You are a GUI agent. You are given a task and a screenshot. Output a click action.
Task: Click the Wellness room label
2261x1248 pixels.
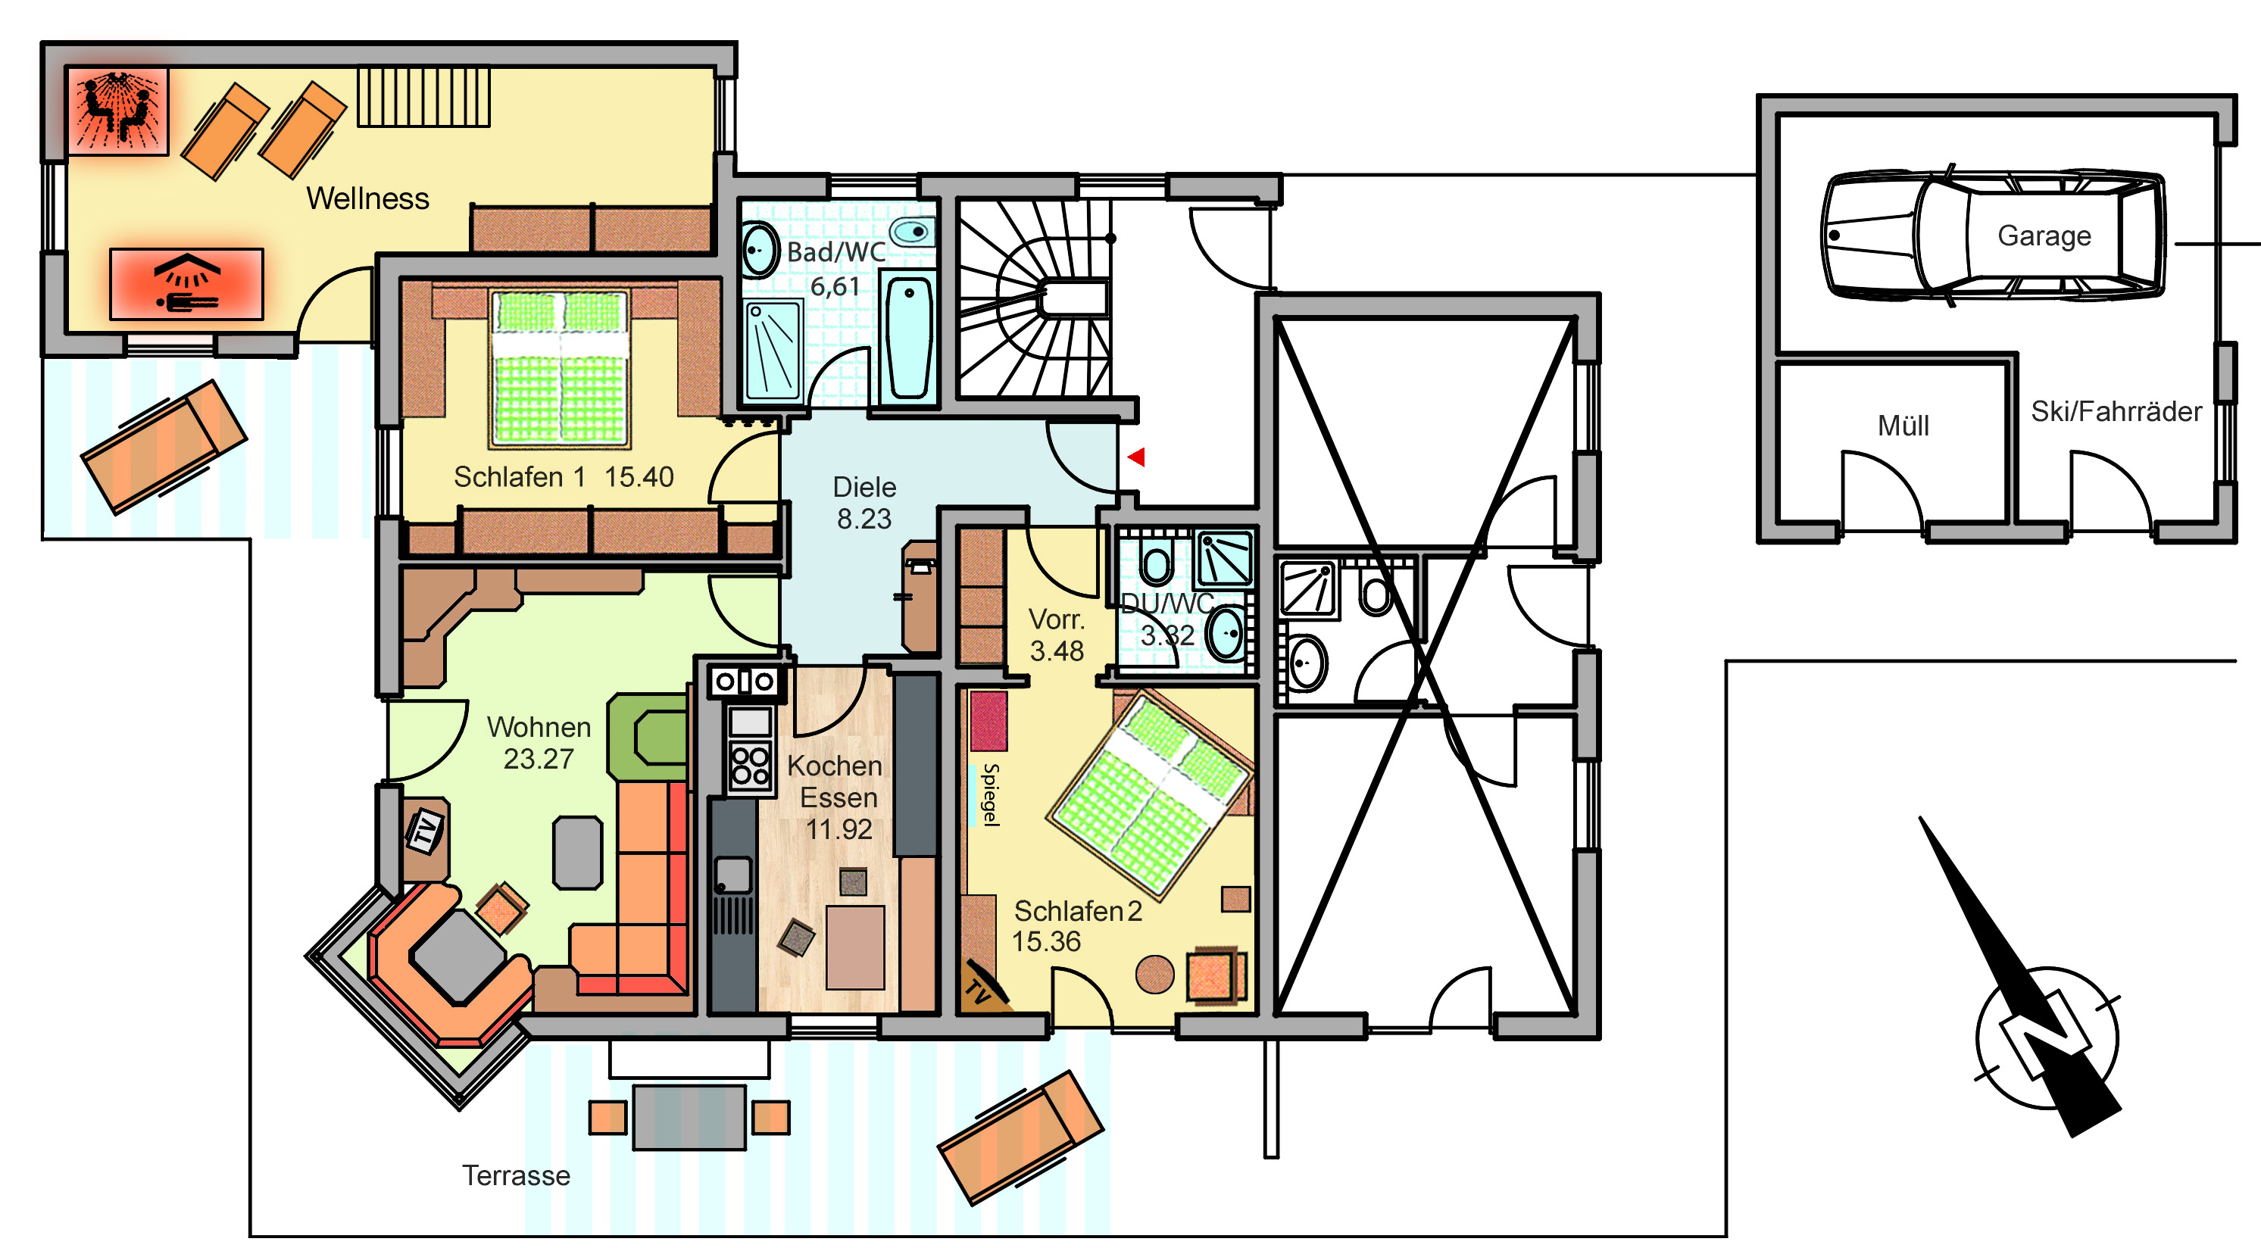368,198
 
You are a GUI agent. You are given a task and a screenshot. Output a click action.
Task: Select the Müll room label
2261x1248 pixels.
1903,426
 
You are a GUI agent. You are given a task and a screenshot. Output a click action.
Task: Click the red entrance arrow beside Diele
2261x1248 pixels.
1137,457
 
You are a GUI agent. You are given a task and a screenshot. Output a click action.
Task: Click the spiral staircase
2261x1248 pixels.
1035,298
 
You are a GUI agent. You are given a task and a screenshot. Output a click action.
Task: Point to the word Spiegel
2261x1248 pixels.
991,794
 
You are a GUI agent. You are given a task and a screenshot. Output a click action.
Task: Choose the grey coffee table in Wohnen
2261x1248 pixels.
577,852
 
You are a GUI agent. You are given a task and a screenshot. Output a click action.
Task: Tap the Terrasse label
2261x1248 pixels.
516,1175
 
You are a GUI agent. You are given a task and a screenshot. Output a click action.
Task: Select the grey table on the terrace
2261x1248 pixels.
689,1117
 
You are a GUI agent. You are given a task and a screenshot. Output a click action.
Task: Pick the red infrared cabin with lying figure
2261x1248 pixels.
186,283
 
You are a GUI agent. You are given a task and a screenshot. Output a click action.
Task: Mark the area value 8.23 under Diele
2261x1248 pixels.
863,519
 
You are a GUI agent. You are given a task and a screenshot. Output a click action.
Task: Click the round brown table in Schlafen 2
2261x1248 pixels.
1154,974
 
